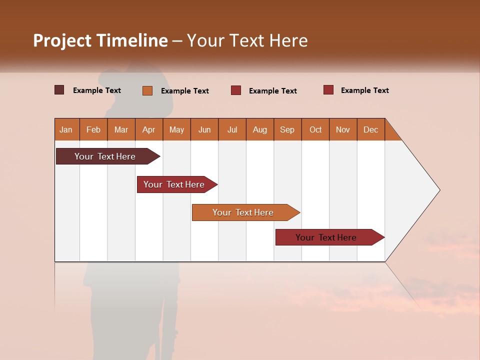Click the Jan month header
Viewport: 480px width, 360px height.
(66, 129)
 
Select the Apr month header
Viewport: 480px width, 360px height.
(149, 129)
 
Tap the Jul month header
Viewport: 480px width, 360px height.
(232, 129)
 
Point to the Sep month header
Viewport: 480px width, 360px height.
(287, 129)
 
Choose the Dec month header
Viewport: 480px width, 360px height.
(370, 129)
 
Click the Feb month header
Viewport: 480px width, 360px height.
(93, 129)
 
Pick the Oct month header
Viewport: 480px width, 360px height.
(315, 129)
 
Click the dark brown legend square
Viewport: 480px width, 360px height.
(59, 90)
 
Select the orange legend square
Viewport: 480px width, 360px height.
(147, 90)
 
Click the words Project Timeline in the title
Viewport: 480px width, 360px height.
(100, 40)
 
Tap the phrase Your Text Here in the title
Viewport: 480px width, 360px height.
(247, 40)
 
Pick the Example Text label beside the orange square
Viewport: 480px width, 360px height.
(185, 91)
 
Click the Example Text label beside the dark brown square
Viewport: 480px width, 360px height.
(97, 90)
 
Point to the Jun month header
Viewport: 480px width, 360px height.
(204, 129)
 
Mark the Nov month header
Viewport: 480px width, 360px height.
(343, 129)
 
